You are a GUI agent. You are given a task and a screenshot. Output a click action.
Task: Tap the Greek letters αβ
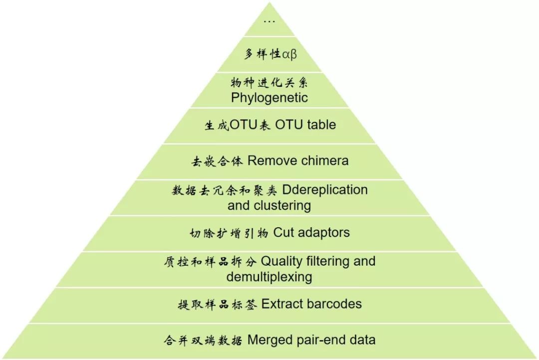coord(289,54)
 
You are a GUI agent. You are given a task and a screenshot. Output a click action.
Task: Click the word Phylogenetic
coord(269,97)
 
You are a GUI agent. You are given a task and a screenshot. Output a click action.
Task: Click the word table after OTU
coord(319,125)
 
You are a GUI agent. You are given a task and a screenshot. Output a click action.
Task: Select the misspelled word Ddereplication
coord(325,190)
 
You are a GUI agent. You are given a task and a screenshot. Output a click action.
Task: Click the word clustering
coord(283,205)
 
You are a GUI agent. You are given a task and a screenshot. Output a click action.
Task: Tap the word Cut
coord(283,232)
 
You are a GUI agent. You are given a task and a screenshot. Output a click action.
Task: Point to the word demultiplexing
coord(269,277)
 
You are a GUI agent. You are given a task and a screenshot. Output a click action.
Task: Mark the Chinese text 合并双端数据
coord(203,341)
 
